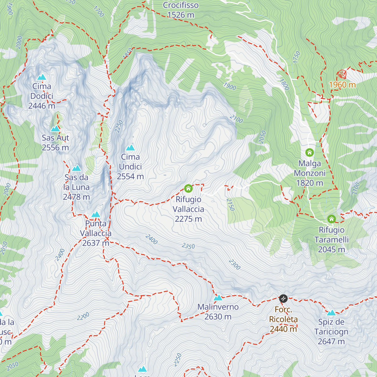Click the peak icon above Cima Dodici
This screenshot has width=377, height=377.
point(41,77)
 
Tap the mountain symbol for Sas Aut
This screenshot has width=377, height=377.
point(55,128)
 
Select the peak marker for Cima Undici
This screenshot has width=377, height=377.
point(130,148)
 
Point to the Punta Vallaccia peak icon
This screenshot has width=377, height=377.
point(96,215)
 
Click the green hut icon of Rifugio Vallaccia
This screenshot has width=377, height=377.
point(188,188)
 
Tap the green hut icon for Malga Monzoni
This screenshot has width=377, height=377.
point(309,153)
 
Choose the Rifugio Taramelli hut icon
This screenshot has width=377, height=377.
point(331,219)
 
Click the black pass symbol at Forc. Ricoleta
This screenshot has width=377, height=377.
point(283,298)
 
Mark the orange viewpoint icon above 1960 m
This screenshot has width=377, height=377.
point(342,74)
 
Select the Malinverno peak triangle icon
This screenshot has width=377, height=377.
point(218,298)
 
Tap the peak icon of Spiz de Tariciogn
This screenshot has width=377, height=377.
point(331,313)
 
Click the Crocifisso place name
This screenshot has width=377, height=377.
point(181,5)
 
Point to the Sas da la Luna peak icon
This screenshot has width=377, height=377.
point(76,168)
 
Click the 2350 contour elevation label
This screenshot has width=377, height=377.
point(188,246)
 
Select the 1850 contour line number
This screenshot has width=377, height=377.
point(128,53)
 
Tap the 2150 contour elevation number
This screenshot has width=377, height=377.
point(230,205)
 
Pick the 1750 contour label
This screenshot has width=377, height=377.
point(296,57)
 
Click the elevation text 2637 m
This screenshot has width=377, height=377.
point(96,243)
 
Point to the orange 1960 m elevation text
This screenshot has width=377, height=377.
point(342,85)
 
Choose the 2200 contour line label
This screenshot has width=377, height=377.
point(83,316)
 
